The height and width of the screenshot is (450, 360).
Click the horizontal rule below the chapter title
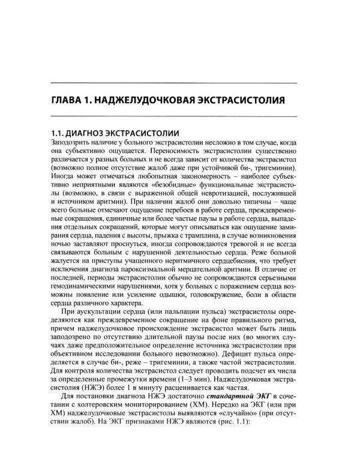coord(180,115)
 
